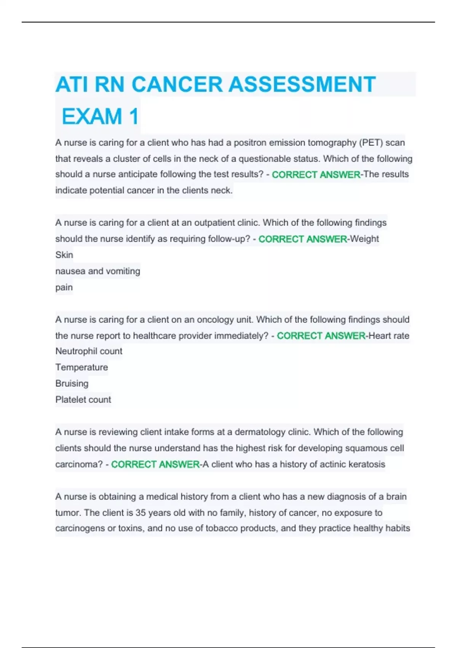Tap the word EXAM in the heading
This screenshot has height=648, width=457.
(x=92, y=116)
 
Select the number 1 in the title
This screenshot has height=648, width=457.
(x=134, y=116)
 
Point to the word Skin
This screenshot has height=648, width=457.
(x=64, y=255)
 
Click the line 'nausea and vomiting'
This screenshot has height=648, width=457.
(x=97, y=271)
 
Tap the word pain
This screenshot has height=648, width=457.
(x=64, y=287)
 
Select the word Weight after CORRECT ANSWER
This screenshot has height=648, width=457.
(x=364, y=239)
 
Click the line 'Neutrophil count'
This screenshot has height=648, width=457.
(x=89, y=351)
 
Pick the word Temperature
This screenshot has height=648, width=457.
(x=81, y=367)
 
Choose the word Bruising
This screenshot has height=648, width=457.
(x=72, y=383)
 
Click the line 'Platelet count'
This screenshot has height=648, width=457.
(x=83, y=399)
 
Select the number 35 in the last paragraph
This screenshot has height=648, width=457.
(x=141, y=513)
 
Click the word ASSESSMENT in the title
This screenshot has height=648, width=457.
(x=302, y=84)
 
